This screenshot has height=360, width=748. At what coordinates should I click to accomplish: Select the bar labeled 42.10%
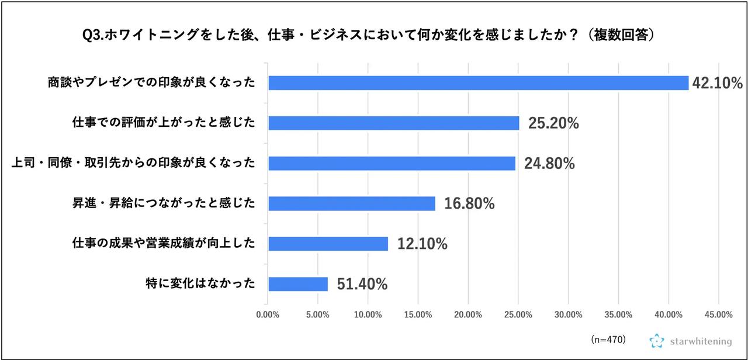[x=478, y=83]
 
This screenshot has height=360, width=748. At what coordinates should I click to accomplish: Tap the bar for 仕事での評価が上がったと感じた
[x=393, y=123]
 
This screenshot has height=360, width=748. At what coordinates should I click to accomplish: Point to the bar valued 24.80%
[x=392, y=163]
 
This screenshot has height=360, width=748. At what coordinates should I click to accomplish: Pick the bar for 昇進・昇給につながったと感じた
[x=351, y=203]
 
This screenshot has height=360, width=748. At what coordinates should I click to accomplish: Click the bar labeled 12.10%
[x=328, y=244]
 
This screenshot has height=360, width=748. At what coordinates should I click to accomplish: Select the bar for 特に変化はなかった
[x=298, y=284]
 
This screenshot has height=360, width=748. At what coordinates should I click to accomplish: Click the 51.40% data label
[x=362, y=285]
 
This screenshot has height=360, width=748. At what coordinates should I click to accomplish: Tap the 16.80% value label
[x=469, y=204]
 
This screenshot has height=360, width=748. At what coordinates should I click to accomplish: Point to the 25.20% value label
[x=553, y=123]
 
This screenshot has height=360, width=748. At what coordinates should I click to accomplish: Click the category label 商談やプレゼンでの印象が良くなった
[x=152, y=83]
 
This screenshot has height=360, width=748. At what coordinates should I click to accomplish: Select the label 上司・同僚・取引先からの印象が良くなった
[x=134, y=163]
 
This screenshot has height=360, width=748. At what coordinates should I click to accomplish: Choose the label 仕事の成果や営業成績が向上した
[x=164, y=244]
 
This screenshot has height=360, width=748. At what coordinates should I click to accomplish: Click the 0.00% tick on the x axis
[x=268, y=314]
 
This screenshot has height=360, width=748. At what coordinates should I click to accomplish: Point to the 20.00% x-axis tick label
[x=468, y=314]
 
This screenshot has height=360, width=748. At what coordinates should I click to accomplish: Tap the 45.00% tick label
[x=718, y=314]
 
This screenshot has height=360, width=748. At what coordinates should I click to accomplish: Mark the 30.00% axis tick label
[x=568, y=314]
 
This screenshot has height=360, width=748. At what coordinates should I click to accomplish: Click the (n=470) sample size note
[x=608, y=339]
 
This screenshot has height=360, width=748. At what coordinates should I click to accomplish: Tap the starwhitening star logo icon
[x=657, y=340]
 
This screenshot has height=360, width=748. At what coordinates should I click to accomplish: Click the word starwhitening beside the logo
[x=699, y=340]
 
